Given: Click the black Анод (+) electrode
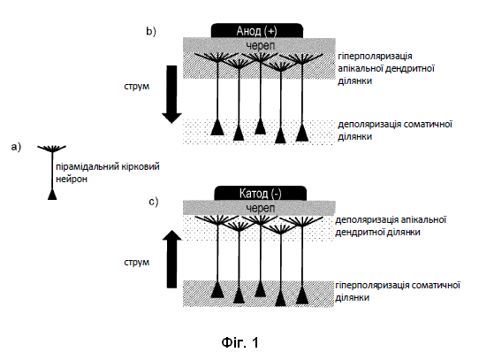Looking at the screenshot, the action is tap(257, 31).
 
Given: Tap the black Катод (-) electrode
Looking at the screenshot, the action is tap(261, 193).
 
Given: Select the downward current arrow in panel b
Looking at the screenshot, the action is tap(171, 95).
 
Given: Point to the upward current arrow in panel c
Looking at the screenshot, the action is tap(171, 259).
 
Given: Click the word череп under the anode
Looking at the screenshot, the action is tap(261, 46).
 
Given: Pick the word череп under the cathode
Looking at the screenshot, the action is tap(261, 208).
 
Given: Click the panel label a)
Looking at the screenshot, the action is tap(16, 147).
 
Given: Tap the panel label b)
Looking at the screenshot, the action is tap(151, 31).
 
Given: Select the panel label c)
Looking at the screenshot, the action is tap(154, 202).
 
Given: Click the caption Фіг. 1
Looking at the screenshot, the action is tap(240, 342).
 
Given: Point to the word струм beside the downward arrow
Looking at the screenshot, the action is tap(137, 87).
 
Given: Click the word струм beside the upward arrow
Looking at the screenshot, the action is tap(137, 263).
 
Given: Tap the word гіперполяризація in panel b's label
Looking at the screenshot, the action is tap(375, 57).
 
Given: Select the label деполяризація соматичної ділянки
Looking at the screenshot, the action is tap(395, 131).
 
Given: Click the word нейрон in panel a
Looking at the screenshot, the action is tap(72, 179).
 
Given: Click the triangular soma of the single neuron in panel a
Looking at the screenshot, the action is tap(52, 195).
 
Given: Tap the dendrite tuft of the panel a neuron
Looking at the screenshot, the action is tap(51, 149).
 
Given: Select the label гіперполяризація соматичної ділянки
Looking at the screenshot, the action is tap(398, 292).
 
